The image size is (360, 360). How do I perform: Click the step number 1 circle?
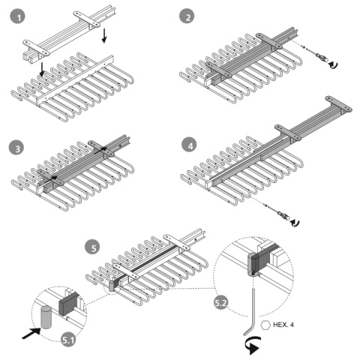point(18,16)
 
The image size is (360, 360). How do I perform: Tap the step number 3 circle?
point(16,148)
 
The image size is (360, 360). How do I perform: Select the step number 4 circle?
point(190,145)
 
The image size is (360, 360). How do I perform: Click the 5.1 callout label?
point(68,340)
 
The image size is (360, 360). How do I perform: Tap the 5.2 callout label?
point(220,302)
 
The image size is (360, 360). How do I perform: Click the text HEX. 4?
point(283,325)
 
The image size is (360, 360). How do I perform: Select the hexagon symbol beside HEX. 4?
point(265,325)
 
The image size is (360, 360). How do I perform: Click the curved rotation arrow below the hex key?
point(253,345)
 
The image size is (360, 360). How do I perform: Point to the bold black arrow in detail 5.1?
point(31,333)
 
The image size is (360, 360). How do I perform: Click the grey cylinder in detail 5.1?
point(46,317)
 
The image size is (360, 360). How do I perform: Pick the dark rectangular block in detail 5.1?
point(67,304)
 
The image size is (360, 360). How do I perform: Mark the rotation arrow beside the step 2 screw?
point(333,64)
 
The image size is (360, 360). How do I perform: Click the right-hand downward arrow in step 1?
point(104,35)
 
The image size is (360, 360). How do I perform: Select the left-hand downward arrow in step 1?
point(42,70)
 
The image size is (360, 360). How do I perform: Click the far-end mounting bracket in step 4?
point(339,104)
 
